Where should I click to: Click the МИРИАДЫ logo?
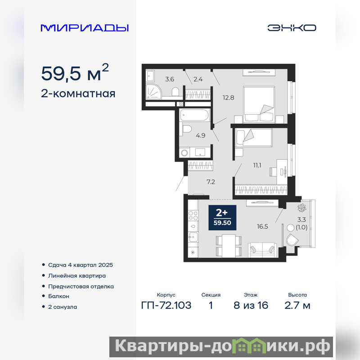(x=85, y=28)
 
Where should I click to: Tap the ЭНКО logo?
(x=292, y=28)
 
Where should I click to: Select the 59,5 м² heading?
(x=75, y=73)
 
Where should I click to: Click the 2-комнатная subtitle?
(x=78, y=94)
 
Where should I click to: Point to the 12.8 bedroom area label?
(x=229, y=98)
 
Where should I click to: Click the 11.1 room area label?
(x=257, y=165)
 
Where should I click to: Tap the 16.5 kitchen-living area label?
(x=262, y=227)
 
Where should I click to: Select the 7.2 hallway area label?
(x=211, y=182)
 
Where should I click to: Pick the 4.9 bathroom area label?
(x=200, y=135)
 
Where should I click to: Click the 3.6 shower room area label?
(x=170, y=79)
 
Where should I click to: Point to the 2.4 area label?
(x=198, y=79)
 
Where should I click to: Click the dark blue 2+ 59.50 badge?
(x=222, y=217)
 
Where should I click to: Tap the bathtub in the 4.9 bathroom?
(x=195, y=115)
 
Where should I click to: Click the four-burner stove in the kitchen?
(x=193, y=216)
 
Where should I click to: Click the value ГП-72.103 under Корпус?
(x=166, y=306)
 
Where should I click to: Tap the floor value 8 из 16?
(x=251, y=306)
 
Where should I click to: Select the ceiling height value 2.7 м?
(x=297, y=306)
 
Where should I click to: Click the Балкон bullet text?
(x=58, y=296)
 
